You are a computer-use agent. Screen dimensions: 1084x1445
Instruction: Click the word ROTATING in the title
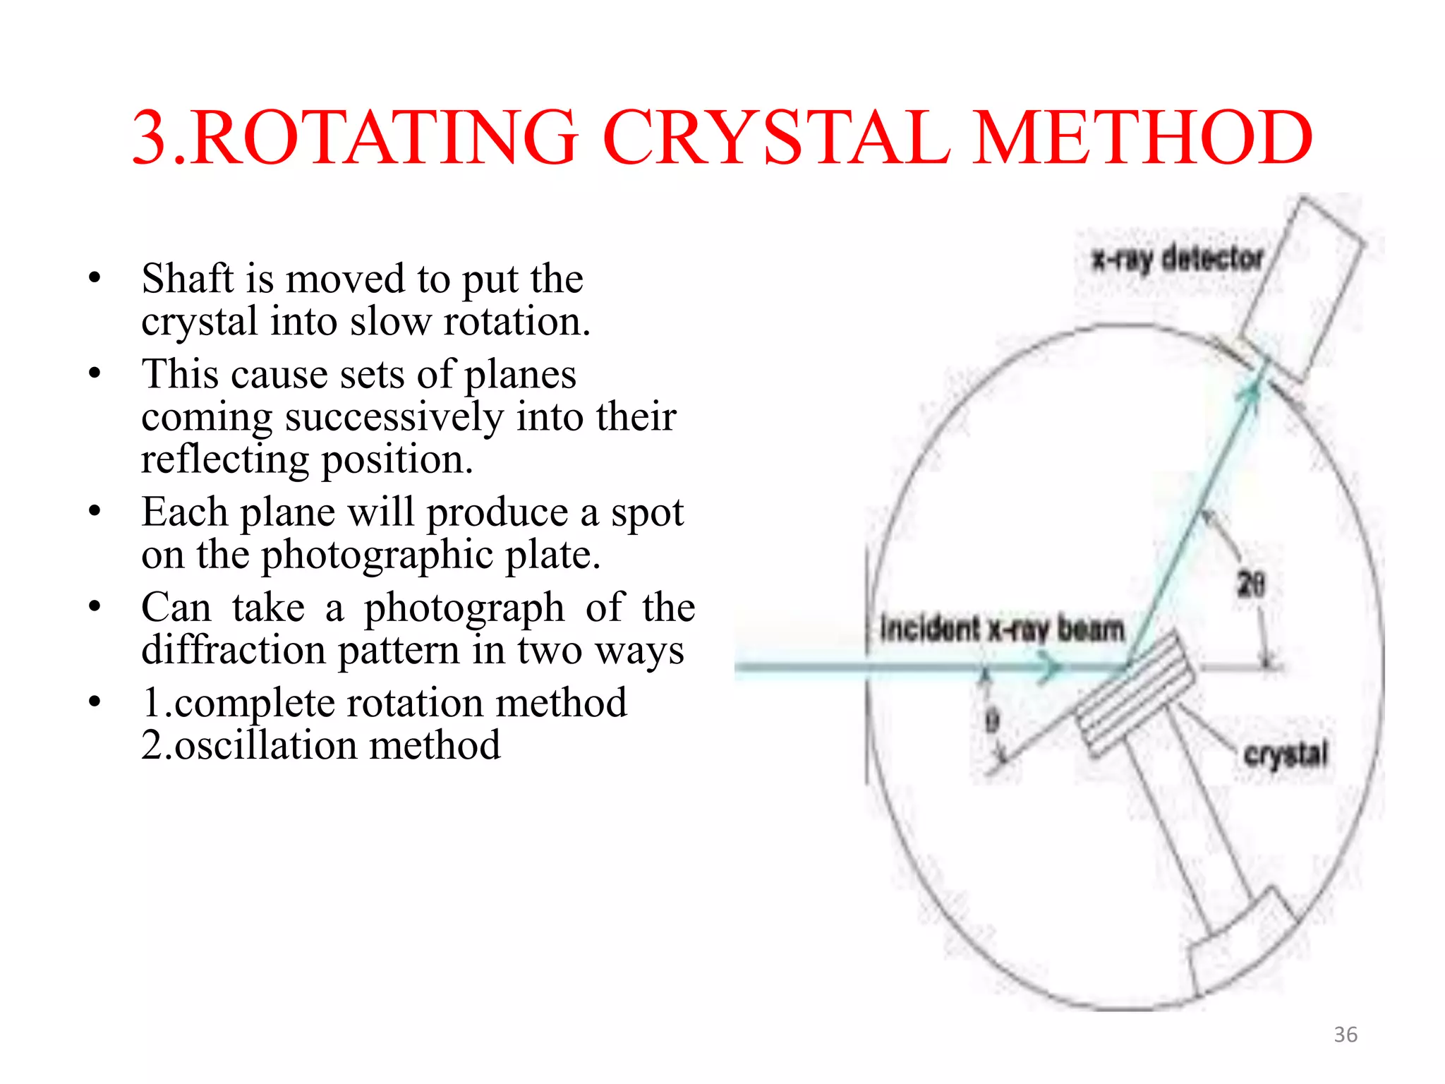385,138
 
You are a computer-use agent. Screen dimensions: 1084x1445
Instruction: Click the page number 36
1345,1035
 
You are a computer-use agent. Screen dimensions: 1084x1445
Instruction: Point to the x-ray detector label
1177,259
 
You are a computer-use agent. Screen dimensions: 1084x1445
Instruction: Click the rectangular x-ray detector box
1302,289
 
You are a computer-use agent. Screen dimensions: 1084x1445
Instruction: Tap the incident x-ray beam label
1002,628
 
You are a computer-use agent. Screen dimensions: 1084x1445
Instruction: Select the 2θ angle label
1251,584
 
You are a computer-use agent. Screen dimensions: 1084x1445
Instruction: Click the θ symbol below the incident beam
992,721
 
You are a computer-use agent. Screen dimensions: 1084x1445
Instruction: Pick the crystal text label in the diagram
1286,754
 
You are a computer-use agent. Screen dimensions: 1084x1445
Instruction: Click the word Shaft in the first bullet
187,279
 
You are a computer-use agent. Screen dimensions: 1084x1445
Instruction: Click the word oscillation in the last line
267,746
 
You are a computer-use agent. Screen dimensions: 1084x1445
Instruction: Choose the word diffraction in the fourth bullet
233,650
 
